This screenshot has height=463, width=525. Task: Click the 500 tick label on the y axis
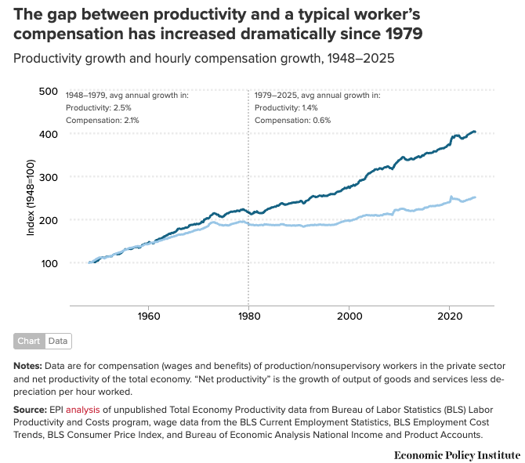[x=49, y=92]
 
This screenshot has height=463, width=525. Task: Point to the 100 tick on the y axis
[x=49, y=264]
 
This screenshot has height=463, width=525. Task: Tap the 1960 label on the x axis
[x=149, y=316]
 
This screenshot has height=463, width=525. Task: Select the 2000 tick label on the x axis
[x=349, y=316]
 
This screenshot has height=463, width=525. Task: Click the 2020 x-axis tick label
[x=450, y=316]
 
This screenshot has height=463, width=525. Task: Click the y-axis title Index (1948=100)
[x=31, y=197]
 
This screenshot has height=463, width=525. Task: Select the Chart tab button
[x=29, y=341]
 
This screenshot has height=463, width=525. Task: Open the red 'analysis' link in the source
[x=83, y=410]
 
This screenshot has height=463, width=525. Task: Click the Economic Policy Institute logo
[x=457, y=455]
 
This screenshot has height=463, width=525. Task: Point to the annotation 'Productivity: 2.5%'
[x=99, y=108]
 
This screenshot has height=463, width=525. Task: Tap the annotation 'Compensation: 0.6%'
[x=292, y=120]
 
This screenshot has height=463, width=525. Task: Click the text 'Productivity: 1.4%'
[x=286, y=108]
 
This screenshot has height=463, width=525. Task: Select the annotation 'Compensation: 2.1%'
[x=103, y=120]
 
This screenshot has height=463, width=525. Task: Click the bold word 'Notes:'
[x=27, y=366]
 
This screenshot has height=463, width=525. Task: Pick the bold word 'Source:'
[x=30, y=410]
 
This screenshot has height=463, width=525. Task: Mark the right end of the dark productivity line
[x=475, y=132]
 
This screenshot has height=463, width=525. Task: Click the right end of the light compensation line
[x=475, y=197]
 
